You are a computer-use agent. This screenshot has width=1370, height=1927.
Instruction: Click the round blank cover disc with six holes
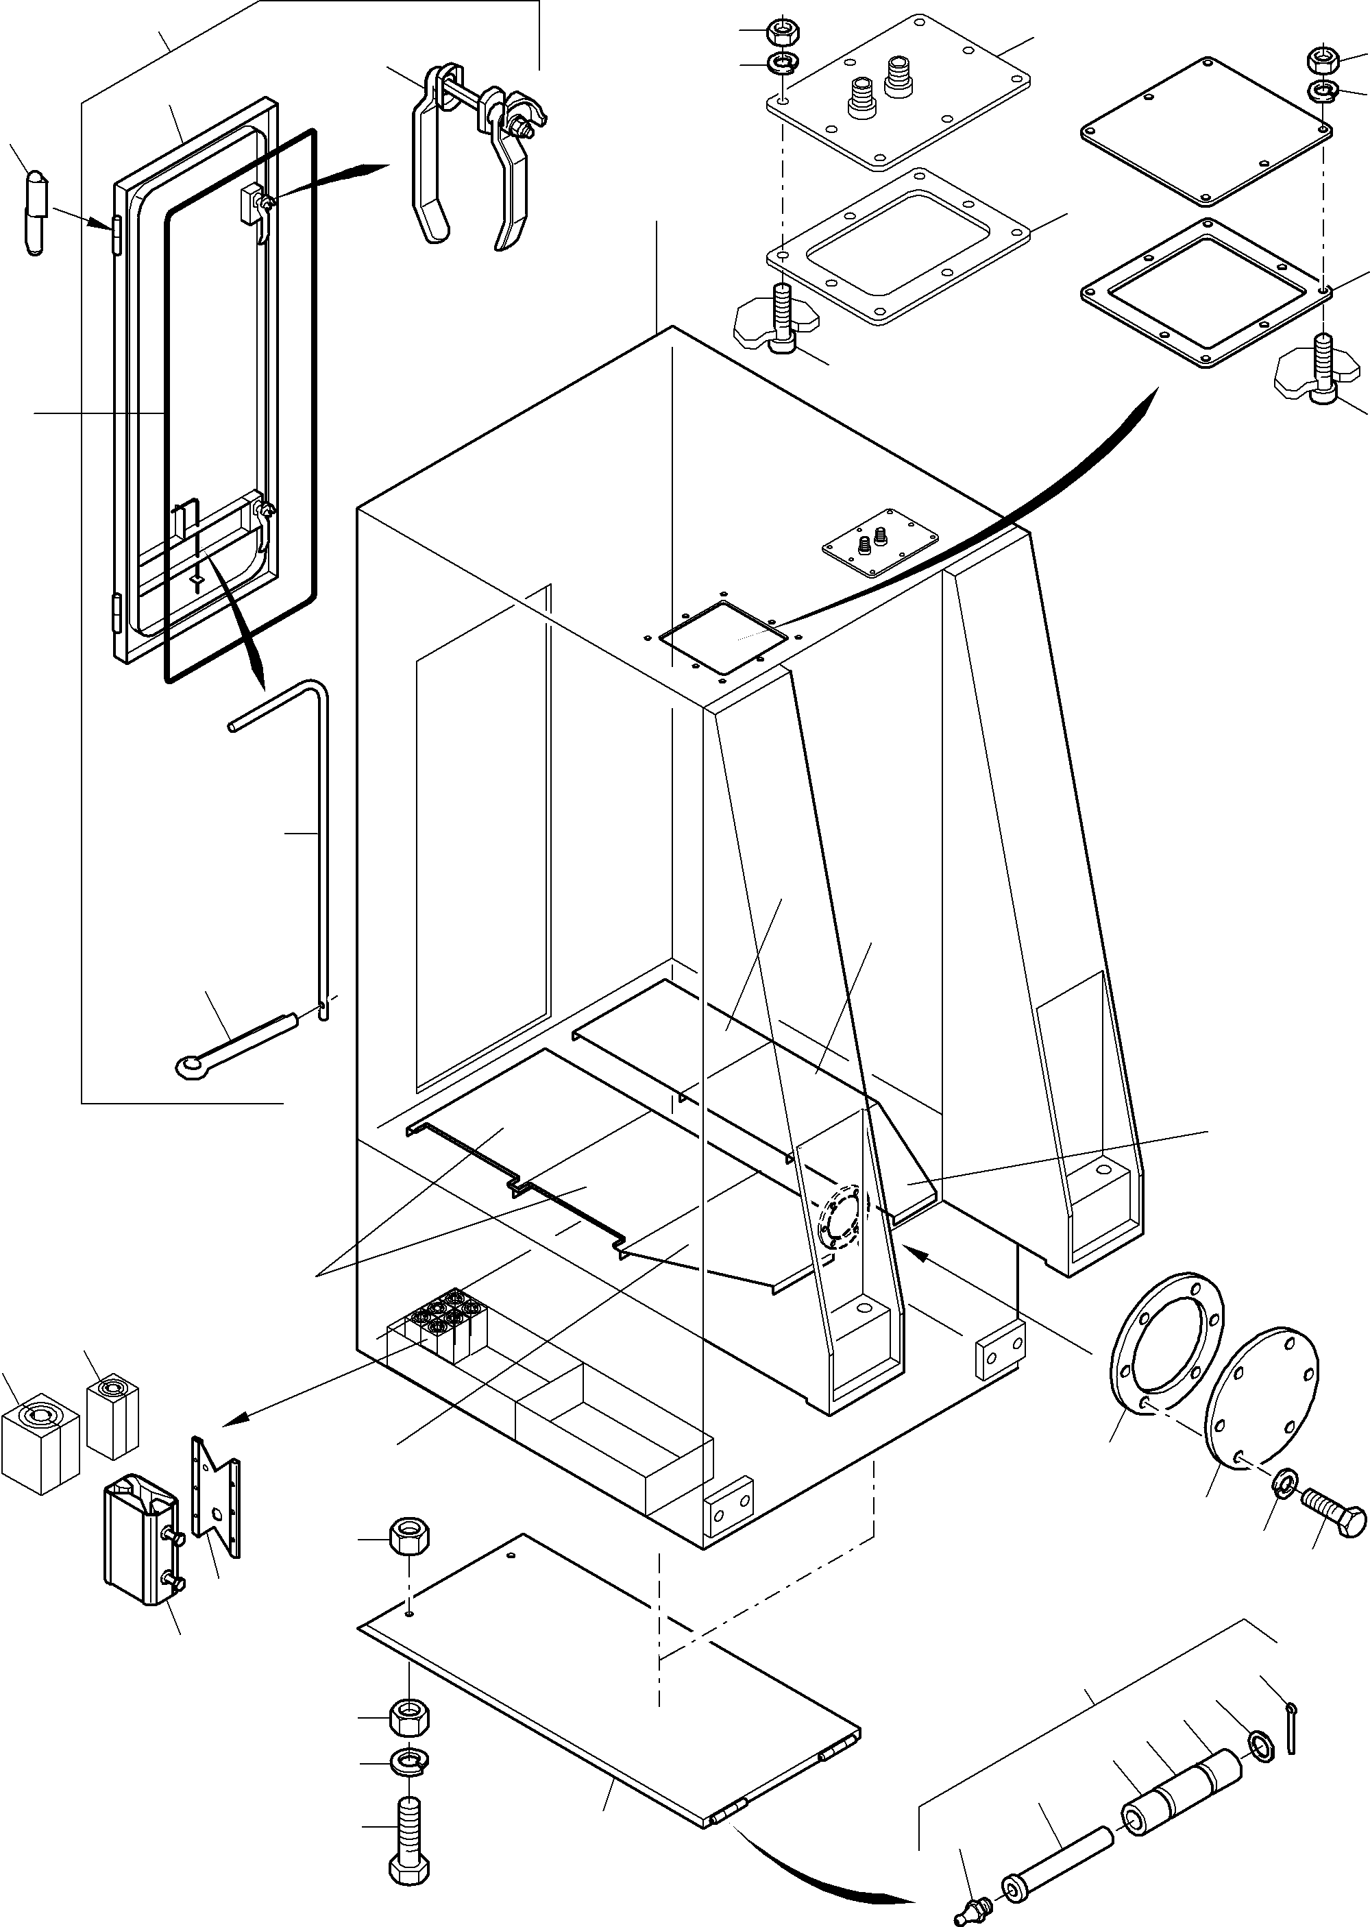coord(1260,1405)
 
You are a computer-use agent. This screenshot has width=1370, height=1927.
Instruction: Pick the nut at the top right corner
coord(1320,59)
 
